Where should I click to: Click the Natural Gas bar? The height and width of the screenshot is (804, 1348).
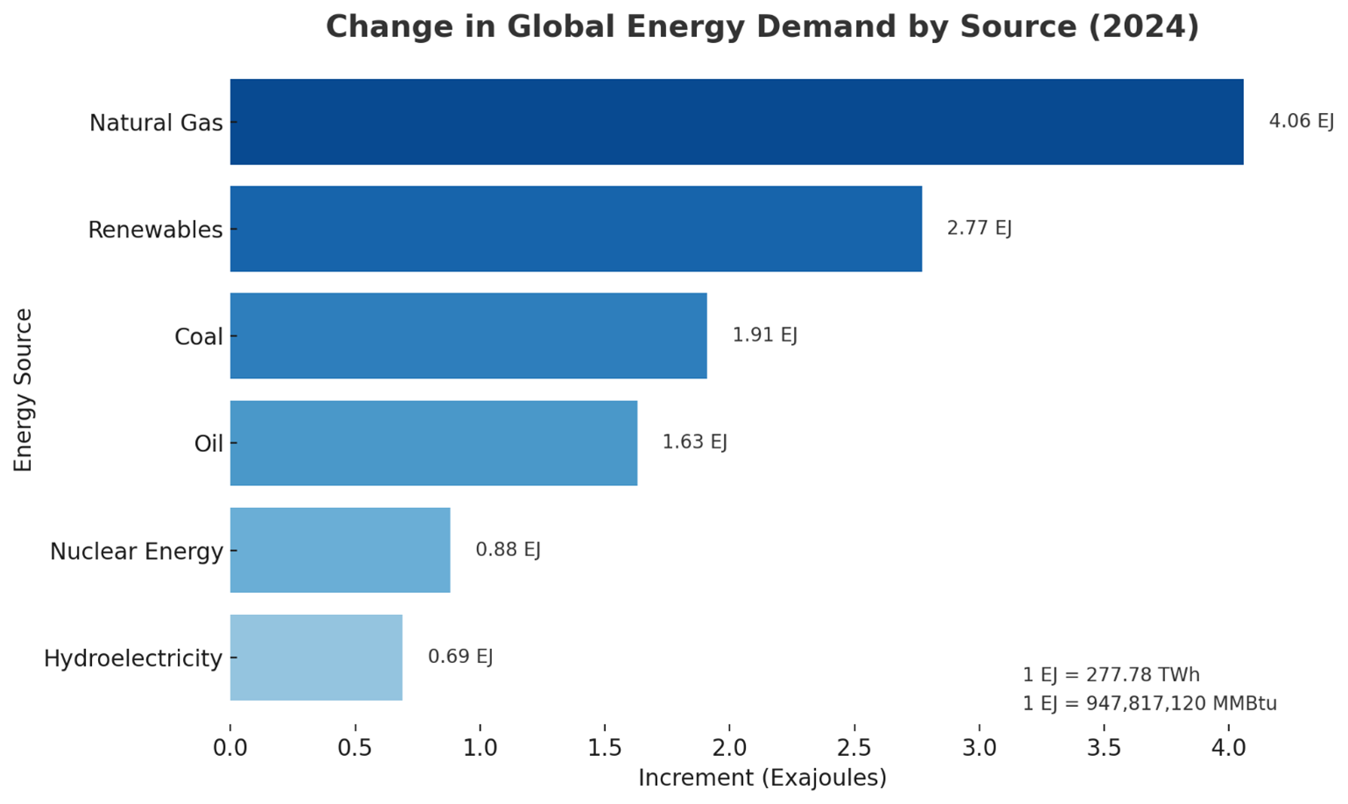(x=735, y=122)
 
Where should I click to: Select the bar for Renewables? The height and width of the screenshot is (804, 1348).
(x=575, y=229)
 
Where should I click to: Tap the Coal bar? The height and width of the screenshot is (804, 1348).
(x=467, y=335)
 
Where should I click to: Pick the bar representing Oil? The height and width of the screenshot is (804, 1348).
(x=433, y=443)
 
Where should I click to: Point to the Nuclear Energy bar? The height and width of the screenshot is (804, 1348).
(x=340, y=550)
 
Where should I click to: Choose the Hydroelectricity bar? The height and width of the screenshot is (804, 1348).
(x=316, y=657)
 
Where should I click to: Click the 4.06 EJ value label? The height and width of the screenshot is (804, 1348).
(x=1301, y=121)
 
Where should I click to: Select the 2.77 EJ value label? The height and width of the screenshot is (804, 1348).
(x=979, y=229)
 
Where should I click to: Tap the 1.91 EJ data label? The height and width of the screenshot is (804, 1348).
(x=764, y=335)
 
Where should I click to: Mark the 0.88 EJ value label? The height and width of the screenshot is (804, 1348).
(x=508, y=550)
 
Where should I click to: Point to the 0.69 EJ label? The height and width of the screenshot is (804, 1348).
(x=460, y=657)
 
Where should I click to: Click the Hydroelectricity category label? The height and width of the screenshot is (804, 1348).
(x=133, y=659)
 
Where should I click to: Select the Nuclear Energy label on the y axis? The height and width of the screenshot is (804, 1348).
(x=137, y=552)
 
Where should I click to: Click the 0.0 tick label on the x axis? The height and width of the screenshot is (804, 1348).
(x=230, y=748)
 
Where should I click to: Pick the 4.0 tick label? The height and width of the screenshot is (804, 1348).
(x=1228, y=748)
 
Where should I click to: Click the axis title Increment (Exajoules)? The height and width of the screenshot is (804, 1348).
(x=762, y=778)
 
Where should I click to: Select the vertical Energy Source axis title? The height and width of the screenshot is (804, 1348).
(x=24, y=390)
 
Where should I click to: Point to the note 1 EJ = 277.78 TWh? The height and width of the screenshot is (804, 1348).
(x=1110, y=675)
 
